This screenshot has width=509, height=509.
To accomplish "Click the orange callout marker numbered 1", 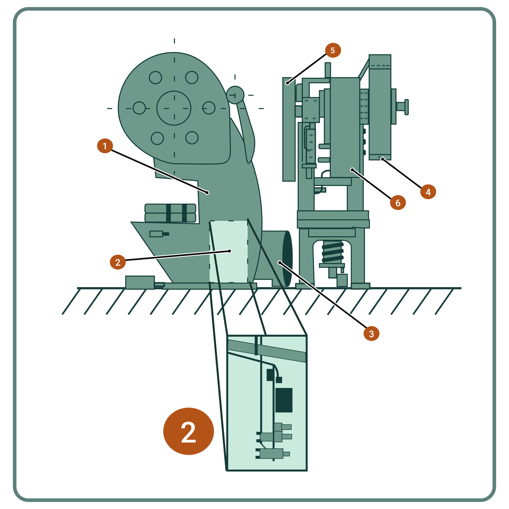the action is [105, 146].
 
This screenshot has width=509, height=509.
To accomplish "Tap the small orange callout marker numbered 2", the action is [118, 262].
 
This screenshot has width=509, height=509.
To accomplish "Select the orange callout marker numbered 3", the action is [371, 333].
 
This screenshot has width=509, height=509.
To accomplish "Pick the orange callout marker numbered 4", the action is [428, 192].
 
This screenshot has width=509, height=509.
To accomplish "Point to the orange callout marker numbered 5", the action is [333, 50].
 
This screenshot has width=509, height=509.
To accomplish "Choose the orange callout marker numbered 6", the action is [398, 202].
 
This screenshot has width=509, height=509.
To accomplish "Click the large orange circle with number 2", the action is [188, 431].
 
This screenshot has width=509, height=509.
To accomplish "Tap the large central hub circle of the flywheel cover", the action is [174, 108].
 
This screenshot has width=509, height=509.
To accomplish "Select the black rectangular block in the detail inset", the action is [284, 400].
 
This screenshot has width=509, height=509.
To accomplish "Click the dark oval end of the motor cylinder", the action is [287, 258].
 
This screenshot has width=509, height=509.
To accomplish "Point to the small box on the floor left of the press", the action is [140, 282].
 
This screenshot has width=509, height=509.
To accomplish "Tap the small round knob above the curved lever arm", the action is [235, 95].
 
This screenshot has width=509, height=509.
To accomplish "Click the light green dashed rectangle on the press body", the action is [228, 251].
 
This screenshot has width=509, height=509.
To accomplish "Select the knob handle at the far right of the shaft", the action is [406, 107].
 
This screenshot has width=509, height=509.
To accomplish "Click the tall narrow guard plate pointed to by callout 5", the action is [289, 129].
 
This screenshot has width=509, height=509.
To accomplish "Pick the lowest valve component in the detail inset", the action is [273, 453].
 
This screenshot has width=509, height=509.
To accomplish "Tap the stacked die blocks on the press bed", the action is [170, 213].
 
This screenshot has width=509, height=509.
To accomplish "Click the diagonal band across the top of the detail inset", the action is [267, 351].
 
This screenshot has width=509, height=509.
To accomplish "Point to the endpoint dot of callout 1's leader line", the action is [207, 192].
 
